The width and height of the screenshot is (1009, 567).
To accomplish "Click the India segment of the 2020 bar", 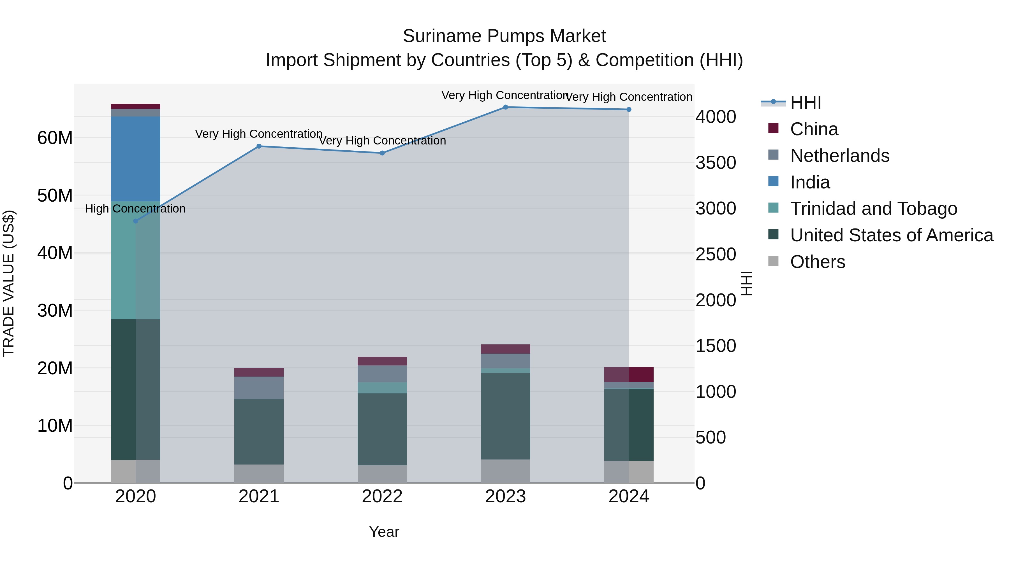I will (x=136, y=158).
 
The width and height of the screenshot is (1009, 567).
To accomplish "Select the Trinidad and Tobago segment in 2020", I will (x=136, y=260).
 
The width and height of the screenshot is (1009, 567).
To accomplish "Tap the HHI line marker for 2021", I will (x=259, y=146).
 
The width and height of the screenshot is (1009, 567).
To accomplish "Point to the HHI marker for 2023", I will (x=505, y=107).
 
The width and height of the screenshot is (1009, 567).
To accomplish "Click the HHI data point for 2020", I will (x=136, y=221).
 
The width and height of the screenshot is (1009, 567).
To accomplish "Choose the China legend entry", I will (x=814, y=129).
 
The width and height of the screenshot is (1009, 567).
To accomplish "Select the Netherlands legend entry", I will (x=839, y=156).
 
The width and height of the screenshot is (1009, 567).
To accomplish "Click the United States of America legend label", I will (x=891, y=235).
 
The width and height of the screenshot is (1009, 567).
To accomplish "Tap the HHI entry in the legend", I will (x=805, y=102).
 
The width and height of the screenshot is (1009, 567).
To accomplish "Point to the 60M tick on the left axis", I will (x=55, y=138).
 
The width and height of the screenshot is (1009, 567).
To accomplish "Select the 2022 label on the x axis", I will (x=382, y=496).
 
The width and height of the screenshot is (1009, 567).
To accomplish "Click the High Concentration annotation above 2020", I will (x=135, y=209).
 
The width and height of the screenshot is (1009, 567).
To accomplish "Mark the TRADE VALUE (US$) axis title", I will (x=9, y=283).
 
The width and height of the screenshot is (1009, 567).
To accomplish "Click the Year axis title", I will (x=384, y=532).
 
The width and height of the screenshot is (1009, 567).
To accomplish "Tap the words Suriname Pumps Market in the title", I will (x=504, y=36).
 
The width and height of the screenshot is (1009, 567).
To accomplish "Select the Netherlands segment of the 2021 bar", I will (x=259, y=388).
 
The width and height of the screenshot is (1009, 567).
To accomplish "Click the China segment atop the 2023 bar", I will (x=505, y=349).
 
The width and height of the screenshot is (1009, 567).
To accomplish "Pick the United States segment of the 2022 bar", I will (x=382, y=429).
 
